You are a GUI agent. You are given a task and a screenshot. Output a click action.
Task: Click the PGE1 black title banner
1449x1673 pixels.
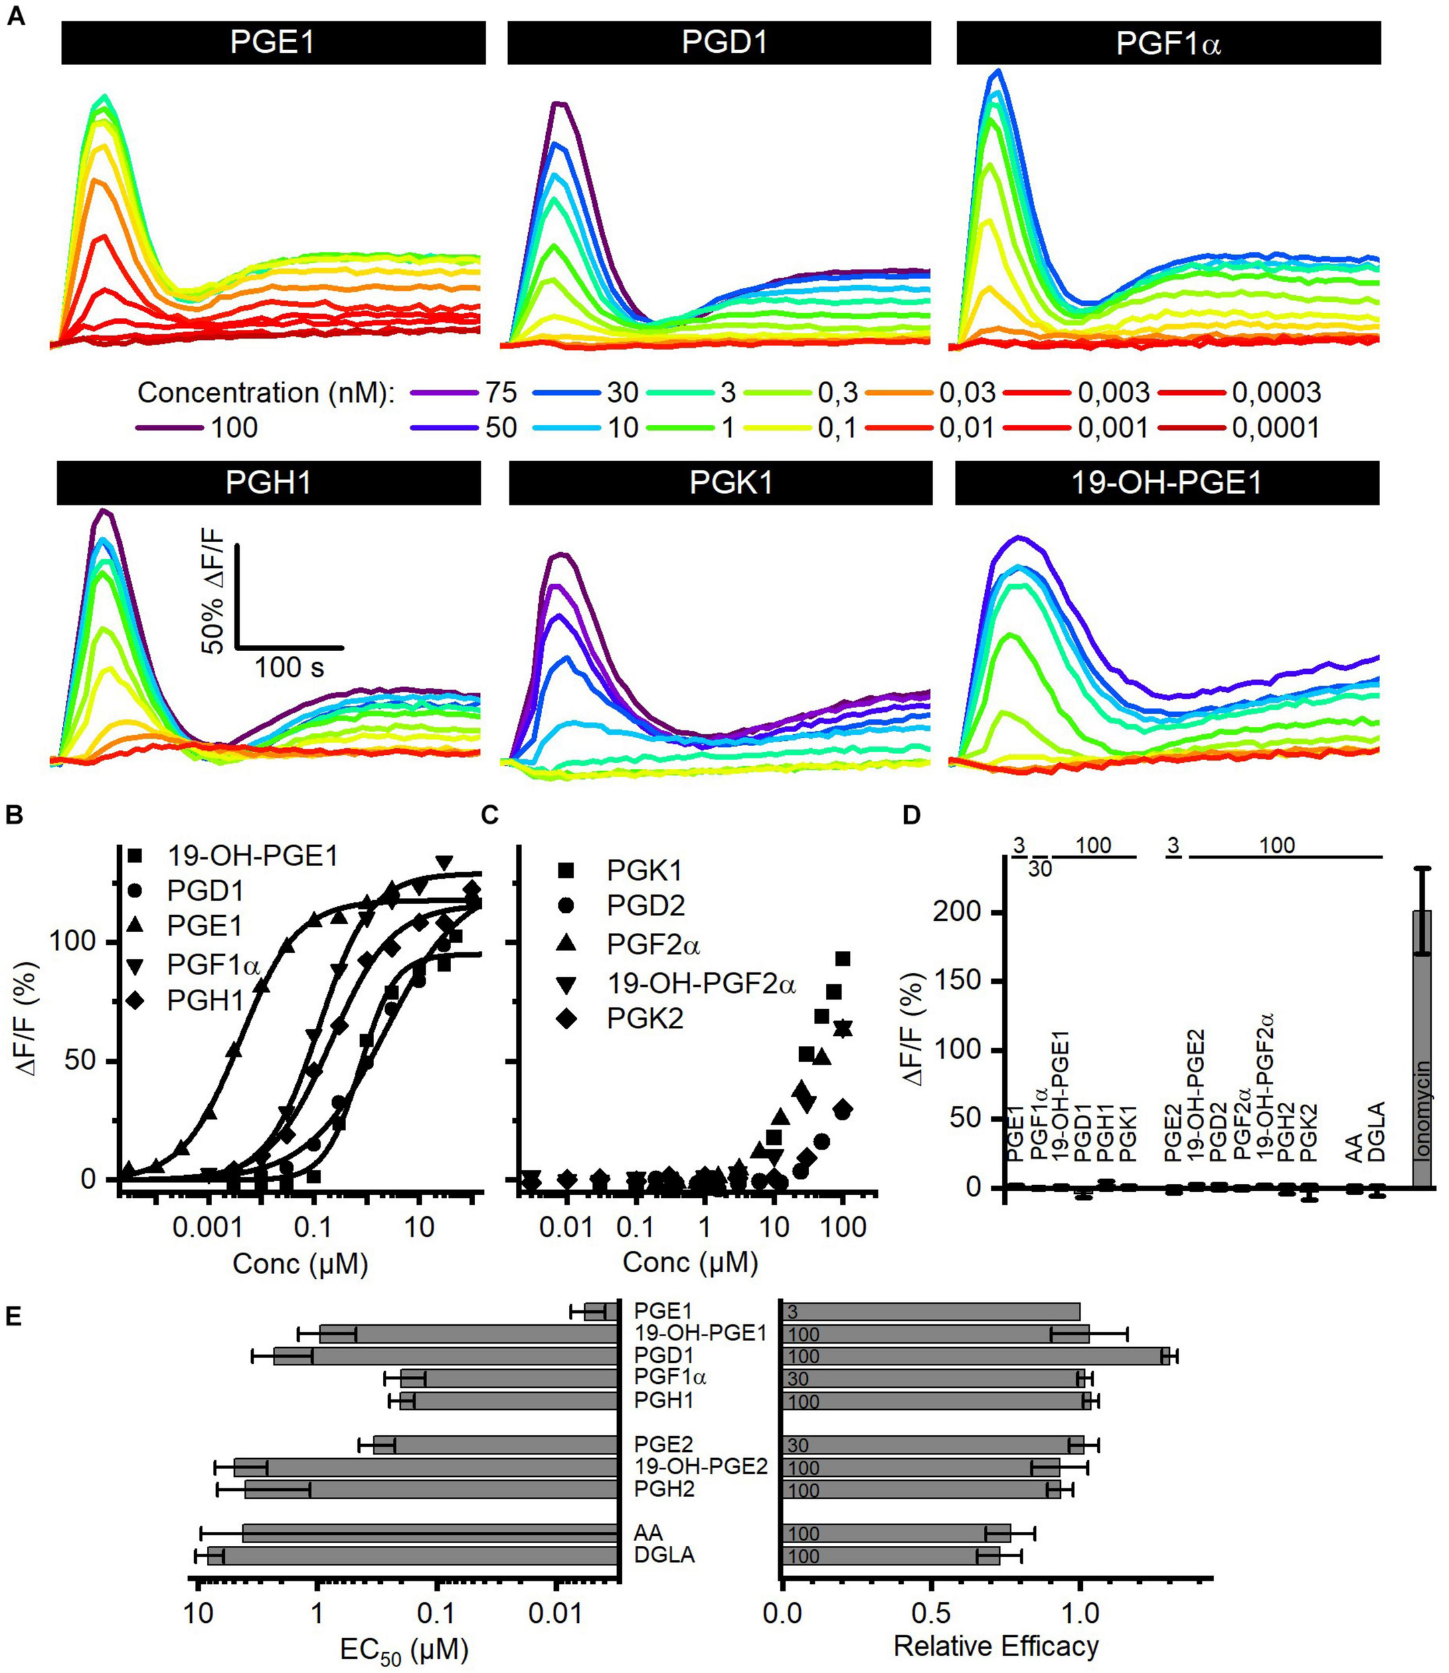pyautogui.click(x=272, y=42)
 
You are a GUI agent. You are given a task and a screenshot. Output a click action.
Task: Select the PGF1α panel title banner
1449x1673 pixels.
pyautogui.click(x=1168, y=43)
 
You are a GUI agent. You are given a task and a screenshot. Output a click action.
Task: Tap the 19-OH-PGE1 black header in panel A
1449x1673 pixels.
pyautogui.click(x=1166, y=482)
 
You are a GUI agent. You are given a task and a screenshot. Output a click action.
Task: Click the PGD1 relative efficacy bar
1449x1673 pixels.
pyautogui.click(x=974, y=1356)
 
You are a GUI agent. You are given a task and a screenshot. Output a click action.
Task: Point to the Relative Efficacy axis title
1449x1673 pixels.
pyautogui.click(x=995, y=1645)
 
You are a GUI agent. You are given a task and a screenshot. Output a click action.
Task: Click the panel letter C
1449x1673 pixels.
pyautogui.click(x=490, y=815)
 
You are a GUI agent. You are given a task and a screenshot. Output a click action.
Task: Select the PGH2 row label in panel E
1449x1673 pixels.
pyautogui.click(x=665, y=1489)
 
